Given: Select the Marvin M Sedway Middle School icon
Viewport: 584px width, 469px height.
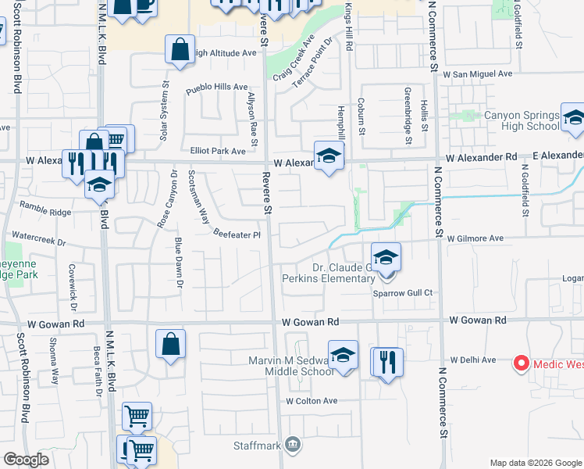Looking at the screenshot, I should click(343, 355).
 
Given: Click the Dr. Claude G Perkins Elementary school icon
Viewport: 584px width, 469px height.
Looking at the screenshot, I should click(386, 257).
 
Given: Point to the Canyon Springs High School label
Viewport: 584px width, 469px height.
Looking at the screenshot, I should click(522, 120).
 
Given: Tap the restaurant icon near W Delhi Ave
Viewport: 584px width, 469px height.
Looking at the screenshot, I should click(387, 362).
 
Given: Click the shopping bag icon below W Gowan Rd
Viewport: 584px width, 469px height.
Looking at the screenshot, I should click(170, 345).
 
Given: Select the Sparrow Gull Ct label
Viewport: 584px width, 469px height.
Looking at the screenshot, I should click(404, 292).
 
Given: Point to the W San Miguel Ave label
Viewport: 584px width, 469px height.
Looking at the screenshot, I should click(477, 73).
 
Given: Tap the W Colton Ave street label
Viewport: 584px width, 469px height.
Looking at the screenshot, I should click(311, 401).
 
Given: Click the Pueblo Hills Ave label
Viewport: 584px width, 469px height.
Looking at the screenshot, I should click(216, 89).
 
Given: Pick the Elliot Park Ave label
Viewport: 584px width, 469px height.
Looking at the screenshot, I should click(217, 151).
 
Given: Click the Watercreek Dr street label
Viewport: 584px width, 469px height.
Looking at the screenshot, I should click(39, 239).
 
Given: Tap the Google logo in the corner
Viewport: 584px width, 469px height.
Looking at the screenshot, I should click(26, 460).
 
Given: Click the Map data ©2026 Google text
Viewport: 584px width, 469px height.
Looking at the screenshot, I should click(534, 462).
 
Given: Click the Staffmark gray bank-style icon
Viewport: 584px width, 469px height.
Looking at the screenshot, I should click(293, 446).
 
